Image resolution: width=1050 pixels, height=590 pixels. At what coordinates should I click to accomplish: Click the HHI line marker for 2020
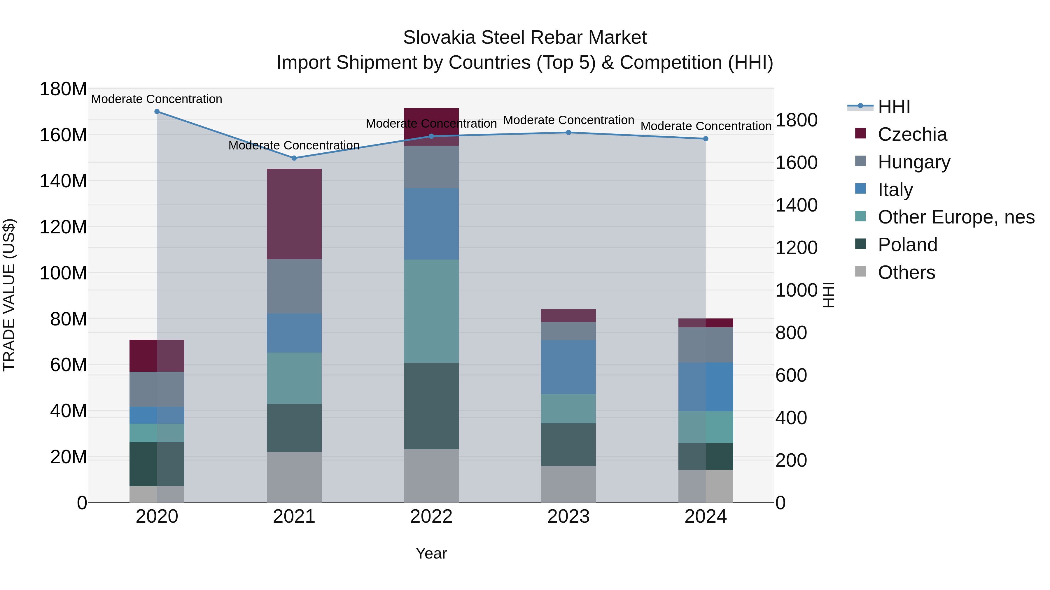157,112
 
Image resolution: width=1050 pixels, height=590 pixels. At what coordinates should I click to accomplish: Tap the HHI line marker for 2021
294,158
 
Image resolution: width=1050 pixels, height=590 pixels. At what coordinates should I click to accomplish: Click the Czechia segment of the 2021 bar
294,214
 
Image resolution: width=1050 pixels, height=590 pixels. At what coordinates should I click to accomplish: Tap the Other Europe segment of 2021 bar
294,378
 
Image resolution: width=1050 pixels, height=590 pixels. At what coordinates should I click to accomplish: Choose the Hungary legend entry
914,162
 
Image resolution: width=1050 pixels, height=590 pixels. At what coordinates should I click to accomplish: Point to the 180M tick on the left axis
63,89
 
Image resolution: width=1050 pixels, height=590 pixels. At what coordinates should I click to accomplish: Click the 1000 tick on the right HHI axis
796,290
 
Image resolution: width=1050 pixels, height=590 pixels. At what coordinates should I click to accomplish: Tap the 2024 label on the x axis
705,517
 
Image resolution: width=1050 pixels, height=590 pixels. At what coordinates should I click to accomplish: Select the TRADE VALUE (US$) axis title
9,295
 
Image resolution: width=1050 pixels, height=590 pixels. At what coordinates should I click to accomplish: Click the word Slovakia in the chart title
439,38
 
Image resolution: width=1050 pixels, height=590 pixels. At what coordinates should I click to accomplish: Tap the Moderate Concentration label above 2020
157,99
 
